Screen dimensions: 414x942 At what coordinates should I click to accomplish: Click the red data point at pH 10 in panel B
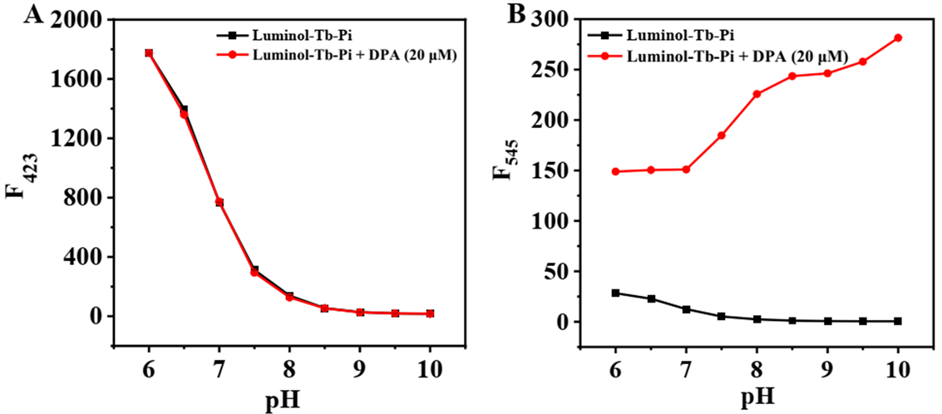coord(898,37)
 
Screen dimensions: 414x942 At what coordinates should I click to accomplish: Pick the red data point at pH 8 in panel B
coord(757,94)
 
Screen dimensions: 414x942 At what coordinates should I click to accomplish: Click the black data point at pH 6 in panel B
coord(616,293)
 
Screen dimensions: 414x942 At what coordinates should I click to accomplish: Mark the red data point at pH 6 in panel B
coord(616,171)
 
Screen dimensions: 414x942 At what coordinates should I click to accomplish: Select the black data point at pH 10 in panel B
coord(898,321)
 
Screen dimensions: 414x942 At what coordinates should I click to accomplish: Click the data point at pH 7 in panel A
coord(219,202)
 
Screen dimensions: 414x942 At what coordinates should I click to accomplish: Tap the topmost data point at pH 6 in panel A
coord(149,53)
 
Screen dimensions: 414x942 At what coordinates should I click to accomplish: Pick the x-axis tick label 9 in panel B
coord(827,367)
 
